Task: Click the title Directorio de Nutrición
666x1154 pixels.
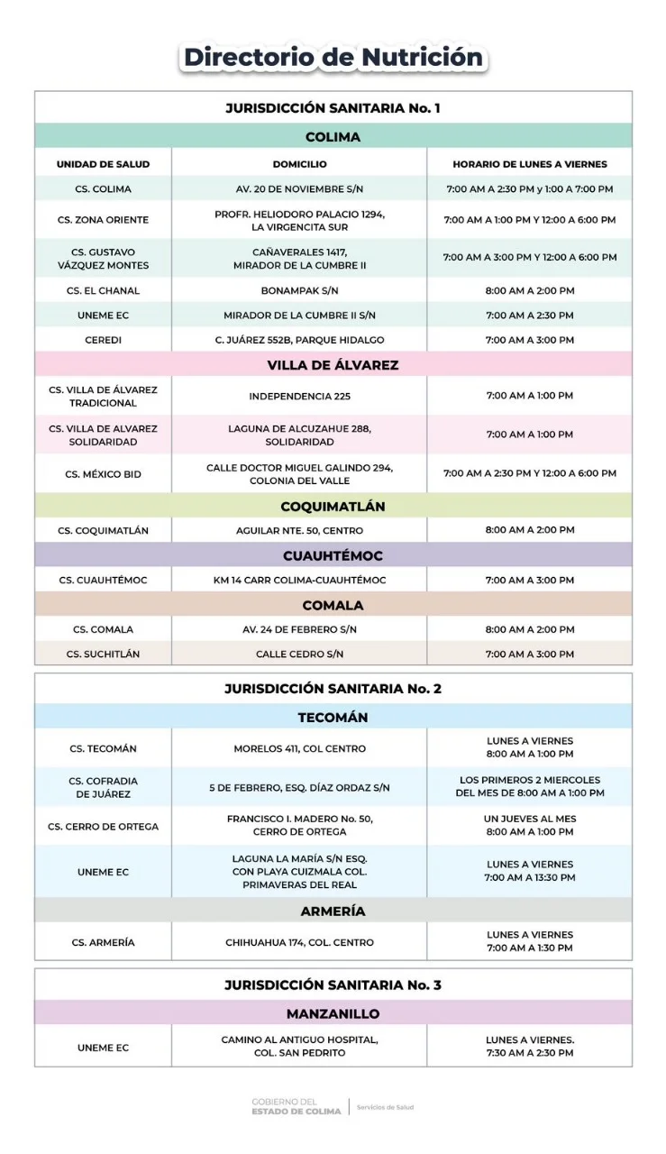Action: click(333, 58)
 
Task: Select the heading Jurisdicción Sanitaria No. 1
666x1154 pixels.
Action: click(333, 108)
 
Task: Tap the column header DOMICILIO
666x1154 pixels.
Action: click(299, 164)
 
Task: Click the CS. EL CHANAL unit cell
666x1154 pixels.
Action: click(103, 291)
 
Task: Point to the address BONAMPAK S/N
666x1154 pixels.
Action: click(299, 291)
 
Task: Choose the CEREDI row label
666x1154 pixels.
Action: click(103, 340)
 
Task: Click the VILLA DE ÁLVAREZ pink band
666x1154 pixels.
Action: click(333, 365)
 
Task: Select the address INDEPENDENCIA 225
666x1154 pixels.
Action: click(299, 397)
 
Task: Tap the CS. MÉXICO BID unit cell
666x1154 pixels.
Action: click(103, 474)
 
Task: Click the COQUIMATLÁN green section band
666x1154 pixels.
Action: click(333, 507)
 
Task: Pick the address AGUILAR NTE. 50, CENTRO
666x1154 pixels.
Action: click(299, 531)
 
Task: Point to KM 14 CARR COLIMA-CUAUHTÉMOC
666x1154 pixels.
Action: click(299, 580)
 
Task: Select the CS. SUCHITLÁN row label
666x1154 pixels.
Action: click(103, 654)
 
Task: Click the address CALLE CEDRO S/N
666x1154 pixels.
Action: click(299, 654)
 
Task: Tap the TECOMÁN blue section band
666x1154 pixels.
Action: click(333, 718)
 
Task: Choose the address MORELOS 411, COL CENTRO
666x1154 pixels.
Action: click(299, 748)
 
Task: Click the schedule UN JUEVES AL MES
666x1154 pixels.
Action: click(529, 820)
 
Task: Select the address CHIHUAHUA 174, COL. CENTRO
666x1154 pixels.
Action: click(299, 942)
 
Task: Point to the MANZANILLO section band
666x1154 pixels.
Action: click(333, 1013)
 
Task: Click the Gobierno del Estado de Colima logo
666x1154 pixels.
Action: click(297, 1106)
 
